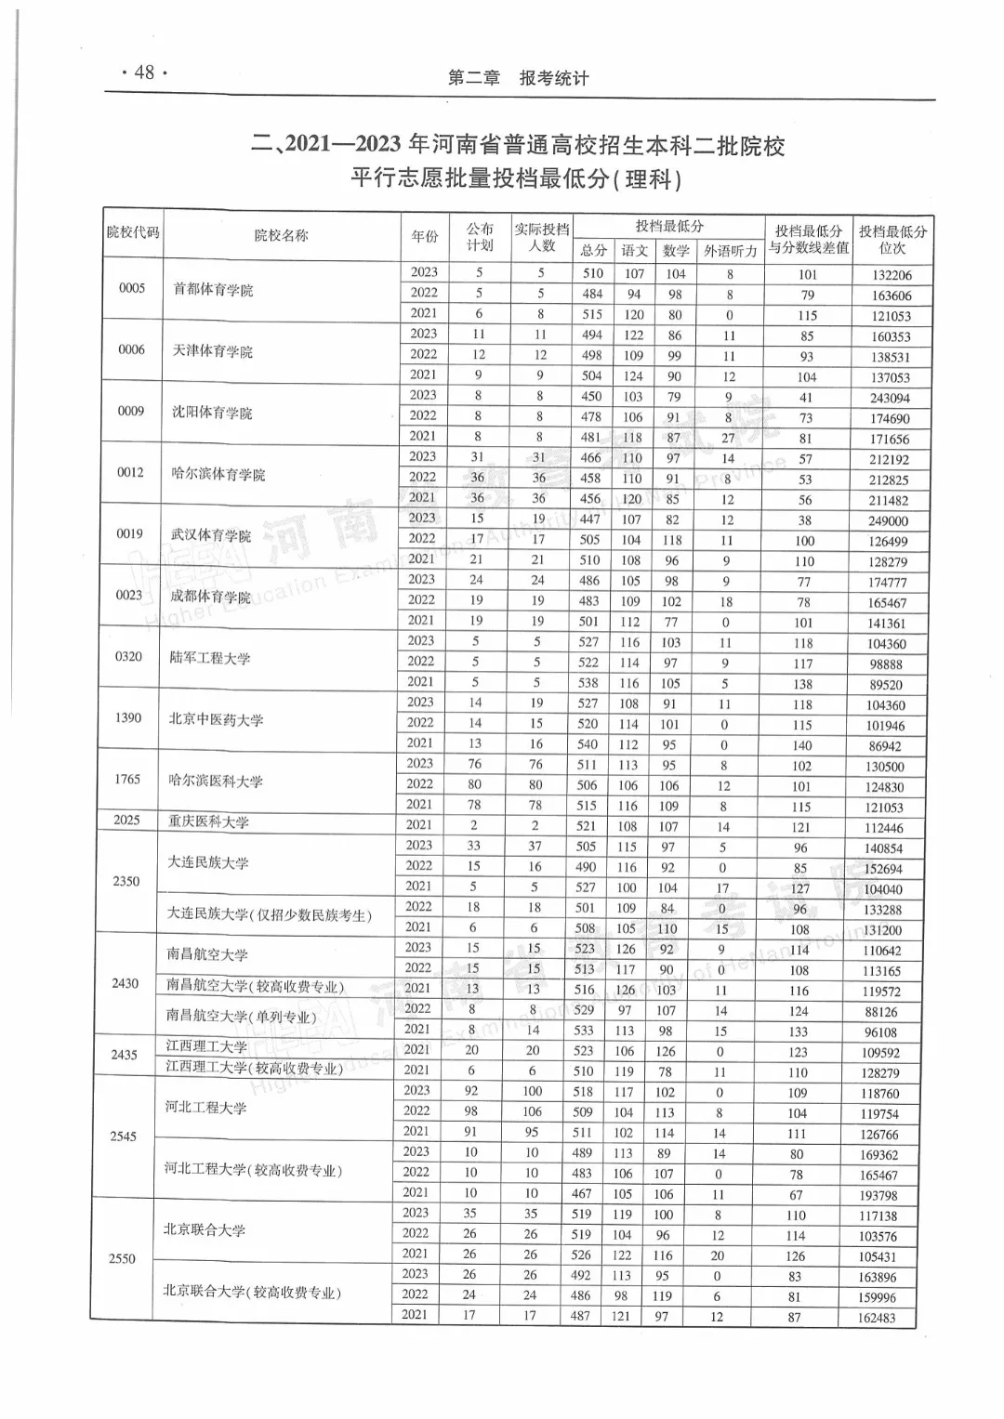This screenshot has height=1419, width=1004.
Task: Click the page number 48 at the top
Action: click(144, 72)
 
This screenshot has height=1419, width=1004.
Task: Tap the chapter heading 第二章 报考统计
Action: click(518, 78)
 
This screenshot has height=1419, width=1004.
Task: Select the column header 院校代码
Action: click(132, 232)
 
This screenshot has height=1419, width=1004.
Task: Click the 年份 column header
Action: click(425, 237)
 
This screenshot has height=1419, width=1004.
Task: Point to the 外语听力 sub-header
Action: click(731, 251)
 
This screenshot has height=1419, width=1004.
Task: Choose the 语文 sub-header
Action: click(635, 251)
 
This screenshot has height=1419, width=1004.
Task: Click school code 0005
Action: click(132, 288)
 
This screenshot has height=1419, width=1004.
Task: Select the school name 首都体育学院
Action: click(213, 290)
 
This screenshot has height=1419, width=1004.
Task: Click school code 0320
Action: click(128, 656)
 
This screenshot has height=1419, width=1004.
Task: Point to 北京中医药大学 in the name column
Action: click(216, 719)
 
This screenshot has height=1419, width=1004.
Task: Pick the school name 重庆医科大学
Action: click(208, 821)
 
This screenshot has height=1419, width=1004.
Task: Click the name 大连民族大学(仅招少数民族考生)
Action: click(269, 914)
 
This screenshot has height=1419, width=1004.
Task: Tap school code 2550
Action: click(122, 1258)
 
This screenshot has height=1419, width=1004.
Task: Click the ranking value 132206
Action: click(892, 275)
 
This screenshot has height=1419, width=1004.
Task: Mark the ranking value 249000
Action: click(889, 521)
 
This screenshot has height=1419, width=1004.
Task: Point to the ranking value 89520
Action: click(886, 685)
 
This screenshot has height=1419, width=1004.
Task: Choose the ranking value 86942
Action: click(885, 746)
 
